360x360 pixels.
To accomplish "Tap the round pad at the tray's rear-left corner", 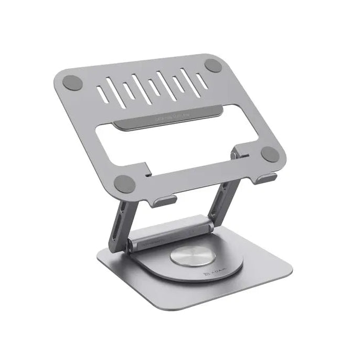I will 72,82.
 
